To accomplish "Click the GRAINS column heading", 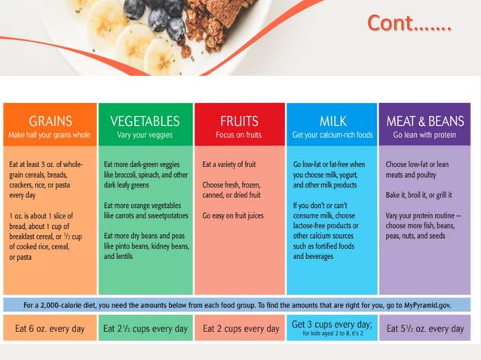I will tap(51, 121).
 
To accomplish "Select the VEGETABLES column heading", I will tap(145, 121).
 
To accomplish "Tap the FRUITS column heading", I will tap(239, 121).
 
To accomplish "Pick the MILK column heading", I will tap(332, 121).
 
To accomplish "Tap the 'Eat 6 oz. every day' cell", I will tap(51, 329).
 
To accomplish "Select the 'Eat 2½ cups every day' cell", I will tap(145, 329).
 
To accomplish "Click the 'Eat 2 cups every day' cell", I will tap(240, 329).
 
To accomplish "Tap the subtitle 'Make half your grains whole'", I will tap(50, 136).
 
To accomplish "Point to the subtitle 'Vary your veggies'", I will tap(145, 136).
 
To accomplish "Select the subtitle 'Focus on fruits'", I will tap(239, 136).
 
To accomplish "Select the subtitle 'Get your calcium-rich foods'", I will tap(332, 136).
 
